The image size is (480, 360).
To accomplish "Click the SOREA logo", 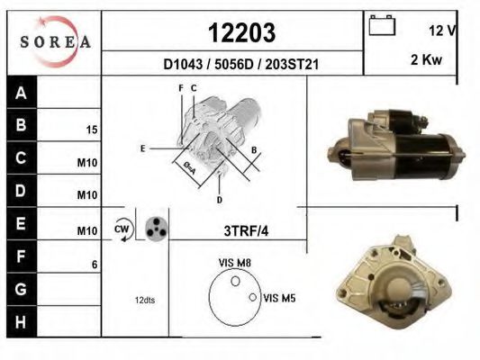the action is point(55,41).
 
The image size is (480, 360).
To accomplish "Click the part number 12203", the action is point(242,32).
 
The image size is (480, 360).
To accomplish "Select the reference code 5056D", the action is point(234,64).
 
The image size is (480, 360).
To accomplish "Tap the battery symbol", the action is point(382,25).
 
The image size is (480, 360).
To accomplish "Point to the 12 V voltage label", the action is point(443,31).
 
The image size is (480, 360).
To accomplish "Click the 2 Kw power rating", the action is point(427,59).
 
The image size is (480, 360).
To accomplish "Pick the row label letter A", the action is point(21,93).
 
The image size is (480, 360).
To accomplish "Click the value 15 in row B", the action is point(92,130).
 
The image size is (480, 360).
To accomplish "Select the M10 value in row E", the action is point(87,231).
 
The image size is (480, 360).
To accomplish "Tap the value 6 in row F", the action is point(95,265).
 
